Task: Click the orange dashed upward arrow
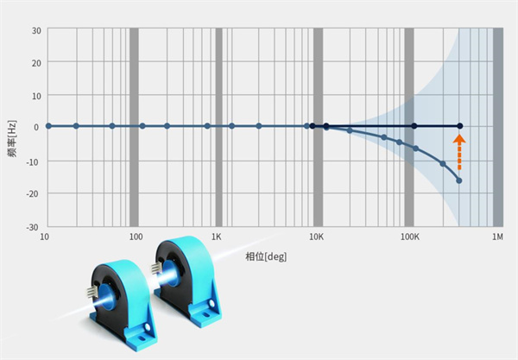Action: [459, 152]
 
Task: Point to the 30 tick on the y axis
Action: [36, 31]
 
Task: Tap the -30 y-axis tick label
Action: [33, 227]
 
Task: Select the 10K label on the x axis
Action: [316, 237]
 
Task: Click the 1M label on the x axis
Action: [497, 237]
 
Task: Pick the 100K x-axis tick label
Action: [409, 237]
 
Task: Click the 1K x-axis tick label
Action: [217, 237]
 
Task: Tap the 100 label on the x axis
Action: [136, 237]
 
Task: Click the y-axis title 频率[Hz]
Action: [12, 139]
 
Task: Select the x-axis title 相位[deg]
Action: [266, 256]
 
